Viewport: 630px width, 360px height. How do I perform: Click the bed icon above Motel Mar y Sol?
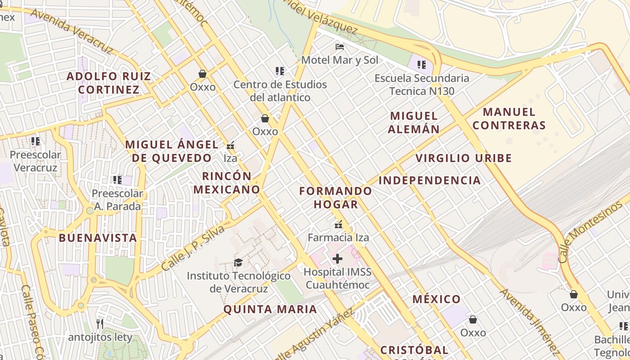tap(340, 47)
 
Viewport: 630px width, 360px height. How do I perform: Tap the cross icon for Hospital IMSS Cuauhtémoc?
tap(337, 258)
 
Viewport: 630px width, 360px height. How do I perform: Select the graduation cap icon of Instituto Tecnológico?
tap(238, 262)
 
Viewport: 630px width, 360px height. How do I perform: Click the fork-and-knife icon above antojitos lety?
tap(100, 324)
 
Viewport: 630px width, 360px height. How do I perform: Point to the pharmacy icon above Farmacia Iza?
tap(338, 224)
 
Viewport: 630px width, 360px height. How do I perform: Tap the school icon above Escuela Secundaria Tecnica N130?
tap(422, 65)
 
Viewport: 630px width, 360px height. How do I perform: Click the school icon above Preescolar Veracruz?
tap(36, 141)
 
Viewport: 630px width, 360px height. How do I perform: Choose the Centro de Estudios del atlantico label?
tap(280, 91)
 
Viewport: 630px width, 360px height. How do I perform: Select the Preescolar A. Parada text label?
tap(117, 200)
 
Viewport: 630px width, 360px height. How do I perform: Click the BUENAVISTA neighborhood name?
tap(98, 238)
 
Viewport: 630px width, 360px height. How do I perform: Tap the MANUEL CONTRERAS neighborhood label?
tap(509, 118)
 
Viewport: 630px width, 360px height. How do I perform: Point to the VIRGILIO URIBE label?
tap(463, 158)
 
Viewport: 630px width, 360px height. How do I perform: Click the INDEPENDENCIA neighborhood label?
tap(430, 180)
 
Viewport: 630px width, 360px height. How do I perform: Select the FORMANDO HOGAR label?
tap(336, 198)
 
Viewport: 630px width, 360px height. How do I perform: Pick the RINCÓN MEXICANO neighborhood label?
tap(227, 183)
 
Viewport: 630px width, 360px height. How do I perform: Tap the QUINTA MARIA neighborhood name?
tap(270, 310)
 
